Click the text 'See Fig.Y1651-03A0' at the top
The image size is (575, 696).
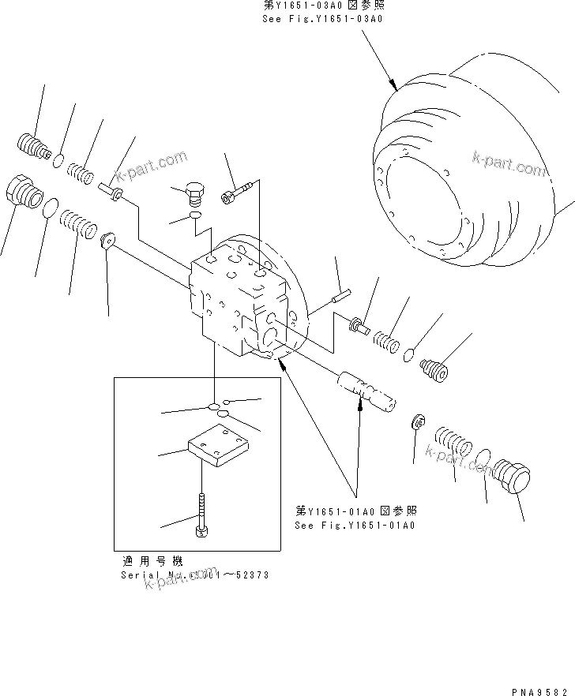(322, 18)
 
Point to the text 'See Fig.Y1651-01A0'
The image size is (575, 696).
(355, 525)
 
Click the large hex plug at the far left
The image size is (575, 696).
(23, 193)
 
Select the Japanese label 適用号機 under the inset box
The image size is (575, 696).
(152, 561)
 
